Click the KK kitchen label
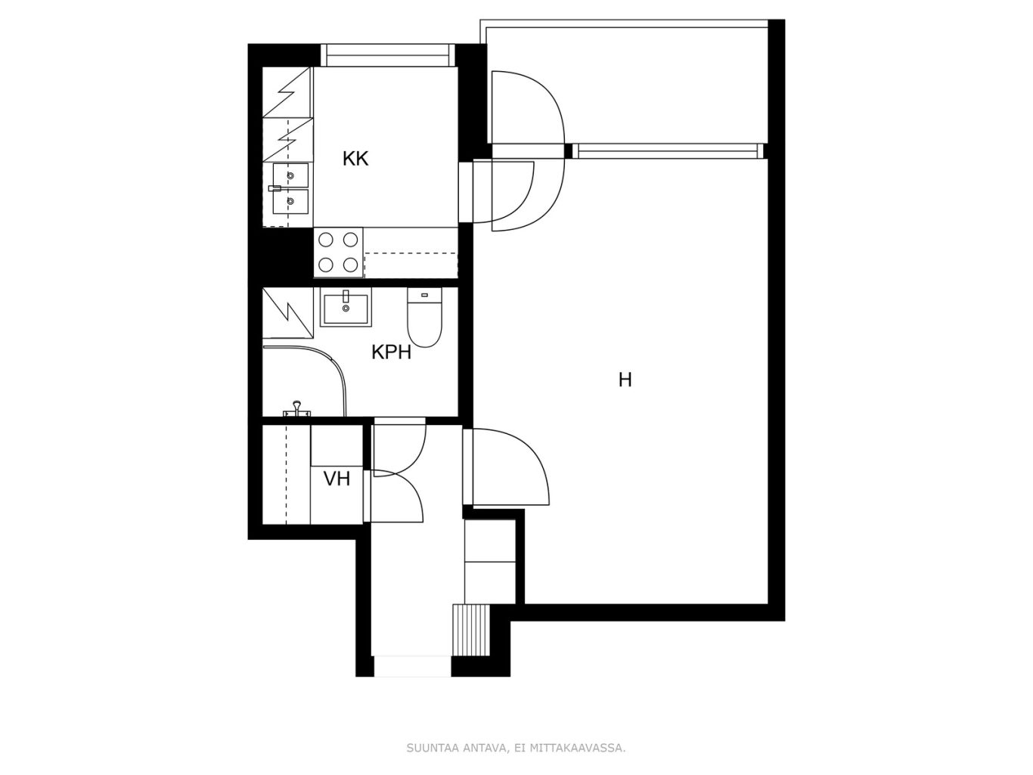[355, 159]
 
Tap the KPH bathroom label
[391, 352]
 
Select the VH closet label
[337, 479]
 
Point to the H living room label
[625, 380]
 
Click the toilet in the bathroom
[424, 318]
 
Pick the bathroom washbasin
[346, 307]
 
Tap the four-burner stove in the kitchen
[338, 253]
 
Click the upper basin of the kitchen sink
[291, 175]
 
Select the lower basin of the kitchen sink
[291, 201]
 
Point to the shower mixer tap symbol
[296, 409]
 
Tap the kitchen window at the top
[388, 55]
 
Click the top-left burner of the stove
[326, 240]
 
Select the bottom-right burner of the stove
[351, 265]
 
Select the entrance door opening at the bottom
[412, 666]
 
